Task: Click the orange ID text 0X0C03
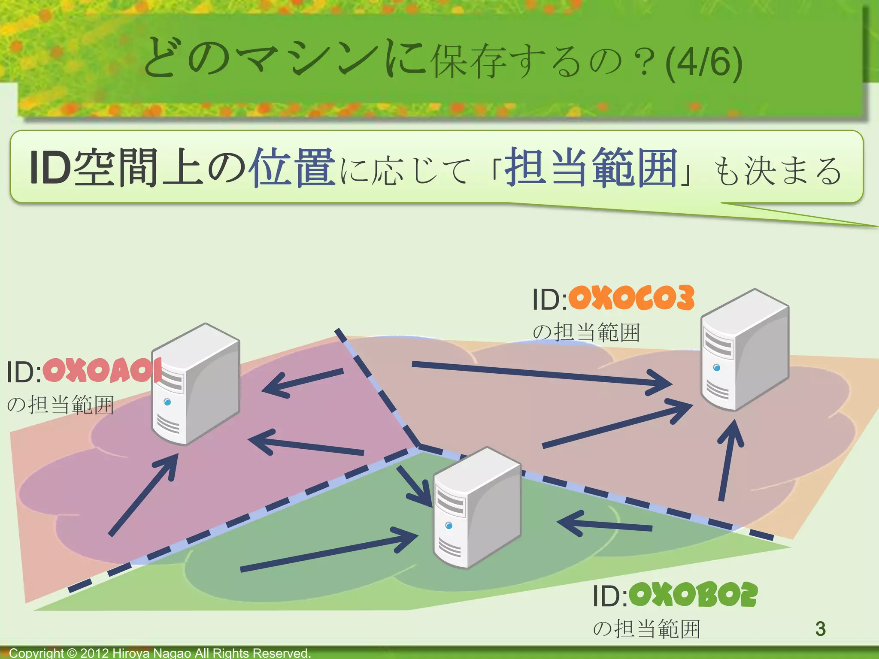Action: pyautogui.click(x=631, y=298)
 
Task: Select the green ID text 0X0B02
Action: pyautogui.click(x=693, y=595)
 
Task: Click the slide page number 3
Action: pyautogui.click(x=820, y=629)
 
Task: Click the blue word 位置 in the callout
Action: pyautogui.click(x=294, y=167)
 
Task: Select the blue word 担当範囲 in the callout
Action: pyautogui.click(x=591, y=167)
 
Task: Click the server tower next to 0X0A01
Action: pyautogui.click(x=196, y=384)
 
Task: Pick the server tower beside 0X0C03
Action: pyautogui.click(x=745, y=350)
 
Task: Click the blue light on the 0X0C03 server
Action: pyautogui.click(x=716, y=368)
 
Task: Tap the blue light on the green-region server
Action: pyautogui.click(x=449, y=526)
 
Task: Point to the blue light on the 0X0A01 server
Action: pyautogui.click(x=167, y=402)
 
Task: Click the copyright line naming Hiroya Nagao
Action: pyautogui.click(x=160, y=653)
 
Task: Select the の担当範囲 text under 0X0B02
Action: pyautogui.click(x=646, y=629)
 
